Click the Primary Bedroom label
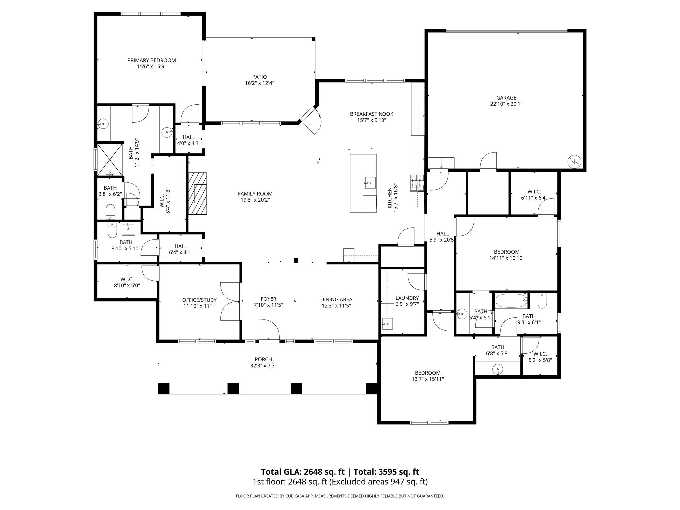point(151,60)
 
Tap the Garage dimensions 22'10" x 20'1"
point(506,104)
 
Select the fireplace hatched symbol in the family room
point(198,194)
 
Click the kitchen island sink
point(370,182)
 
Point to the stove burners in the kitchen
point(417,183)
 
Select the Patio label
point(259,77)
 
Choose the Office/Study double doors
point(230,301)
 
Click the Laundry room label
point(407,298)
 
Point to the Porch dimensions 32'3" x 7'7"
point(263,366)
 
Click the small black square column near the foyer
point(296,260)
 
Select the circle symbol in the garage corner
point(574,161)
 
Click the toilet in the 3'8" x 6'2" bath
point(110,212)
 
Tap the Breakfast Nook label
point(372,114)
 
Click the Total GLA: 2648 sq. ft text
point(302,472)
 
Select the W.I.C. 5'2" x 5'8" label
point(540,354)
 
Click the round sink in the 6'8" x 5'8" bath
point(497,369)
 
